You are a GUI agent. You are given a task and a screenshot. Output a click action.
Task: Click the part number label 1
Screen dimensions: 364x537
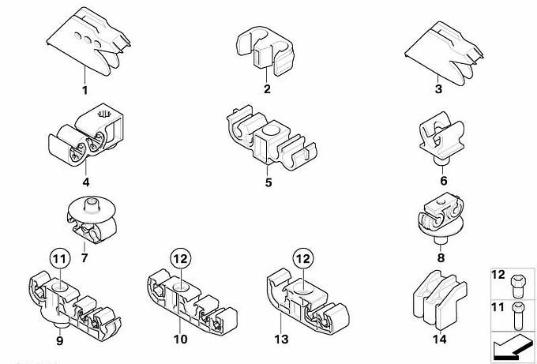coord(84,90)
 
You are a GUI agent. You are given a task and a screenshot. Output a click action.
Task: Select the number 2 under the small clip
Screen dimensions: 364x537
coord(267,89)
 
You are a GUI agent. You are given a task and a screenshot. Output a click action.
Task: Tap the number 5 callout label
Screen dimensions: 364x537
coord(268,182)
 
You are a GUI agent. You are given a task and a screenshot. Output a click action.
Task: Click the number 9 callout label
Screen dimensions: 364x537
coord(59,340)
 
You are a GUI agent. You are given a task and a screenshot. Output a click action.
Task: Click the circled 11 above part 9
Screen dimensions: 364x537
coord(60,258)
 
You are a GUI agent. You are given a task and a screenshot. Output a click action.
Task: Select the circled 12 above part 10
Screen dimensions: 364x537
coord(180,258)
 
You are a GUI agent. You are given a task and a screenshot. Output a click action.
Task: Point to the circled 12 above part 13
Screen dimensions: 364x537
coord(302,258)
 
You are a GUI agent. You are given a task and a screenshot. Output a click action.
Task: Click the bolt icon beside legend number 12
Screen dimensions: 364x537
coord(519,279)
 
